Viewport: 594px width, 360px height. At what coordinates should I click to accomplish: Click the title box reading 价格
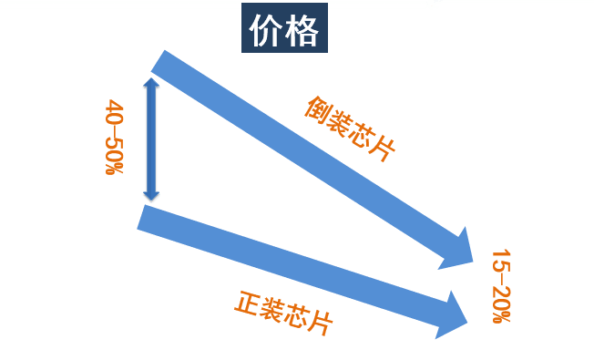tap(284, 31)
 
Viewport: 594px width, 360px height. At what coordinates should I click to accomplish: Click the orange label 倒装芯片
tap(350, 129)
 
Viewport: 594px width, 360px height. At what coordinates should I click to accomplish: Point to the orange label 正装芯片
tap(283, 313)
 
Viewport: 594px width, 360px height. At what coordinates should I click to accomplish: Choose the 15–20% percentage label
tap(501, 286)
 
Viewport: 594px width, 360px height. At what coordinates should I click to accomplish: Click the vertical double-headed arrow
tap(151, 139)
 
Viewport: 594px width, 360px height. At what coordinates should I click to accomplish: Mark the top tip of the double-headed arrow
tap(151, 79)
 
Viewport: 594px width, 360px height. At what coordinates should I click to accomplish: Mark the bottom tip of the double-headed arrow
tap(151, 200)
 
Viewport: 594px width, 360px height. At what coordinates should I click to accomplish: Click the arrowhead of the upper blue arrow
tap(459, 248)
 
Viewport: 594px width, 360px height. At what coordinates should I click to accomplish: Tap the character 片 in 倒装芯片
tap(383, 151)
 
